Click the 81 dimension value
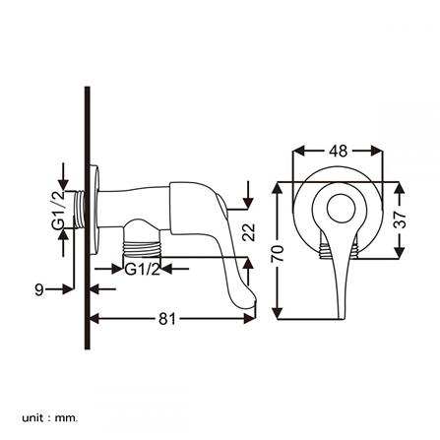(167, 318)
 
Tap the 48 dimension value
(338, 152)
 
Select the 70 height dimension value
(278, 253)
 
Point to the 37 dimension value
(400, 220)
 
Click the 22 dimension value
(249, 232)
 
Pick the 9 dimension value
(39, 289)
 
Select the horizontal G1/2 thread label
(142, 270)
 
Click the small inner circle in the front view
(341, 209)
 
